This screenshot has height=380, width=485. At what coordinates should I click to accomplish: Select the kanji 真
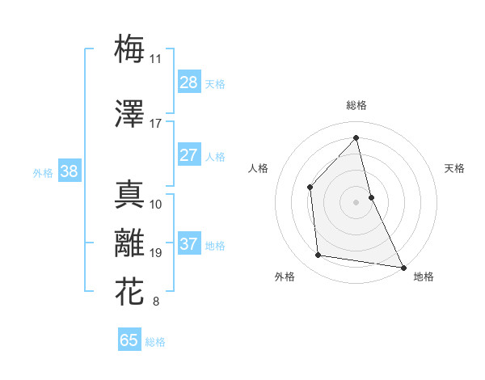pos(130,193)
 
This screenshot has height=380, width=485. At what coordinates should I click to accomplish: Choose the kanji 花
pos(130,291)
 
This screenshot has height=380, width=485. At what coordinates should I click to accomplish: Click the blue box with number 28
pos(188,82)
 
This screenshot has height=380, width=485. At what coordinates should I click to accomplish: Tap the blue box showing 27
pos(188,155)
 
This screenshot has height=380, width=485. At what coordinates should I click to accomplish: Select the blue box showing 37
pos(188,244)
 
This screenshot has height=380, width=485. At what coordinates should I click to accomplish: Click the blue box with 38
pos(69,171)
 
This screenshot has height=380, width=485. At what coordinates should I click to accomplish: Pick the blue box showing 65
pos(129,340)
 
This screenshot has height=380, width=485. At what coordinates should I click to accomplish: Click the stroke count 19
pos(155,253)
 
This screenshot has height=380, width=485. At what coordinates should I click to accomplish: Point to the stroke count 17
pos(155,124)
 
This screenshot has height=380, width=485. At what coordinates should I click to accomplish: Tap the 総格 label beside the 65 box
pos(156,342)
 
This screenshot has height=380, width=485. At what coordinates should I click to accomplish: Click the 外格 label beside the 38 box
pos(43,172)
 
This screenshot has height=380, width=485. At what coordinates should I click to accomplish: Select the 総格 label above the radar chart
pos(356,105)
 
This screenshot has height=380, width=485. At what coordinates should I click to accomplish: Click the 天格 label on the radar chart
pos(454,168)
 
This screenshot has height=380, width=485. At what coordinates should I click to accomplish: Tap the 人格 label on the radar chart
pos(258,168)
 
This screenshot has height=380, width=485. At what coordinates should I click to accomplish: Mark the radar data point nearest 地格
pos(403,267)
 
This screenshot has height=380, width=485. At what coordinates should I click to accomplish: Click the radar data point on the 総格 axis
pos(356,137)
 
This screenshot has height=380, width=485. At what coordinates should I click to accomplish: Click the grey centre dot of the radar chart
pos(356,201)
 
